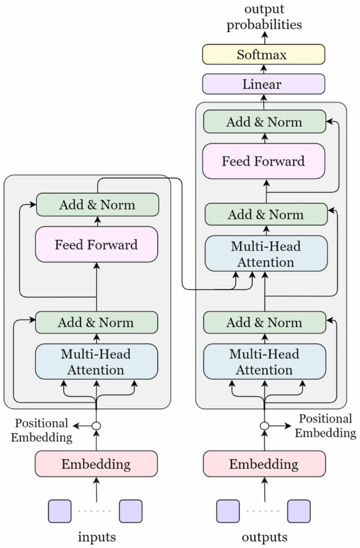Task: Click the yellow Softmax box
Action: click(264, 55)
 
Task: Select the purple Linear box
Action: click(264, 84)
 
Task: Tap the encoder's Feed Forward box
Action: click(96, 244)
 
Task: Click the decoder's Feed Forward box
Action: click(264, 161)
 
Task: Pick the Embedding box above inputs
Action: click(96, 464)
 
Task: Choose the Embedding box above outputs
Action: click(264, 464)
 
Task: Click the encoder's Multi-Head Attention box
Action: click(96, 361)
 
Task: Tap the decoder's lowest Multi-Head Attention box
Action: click(264, 361)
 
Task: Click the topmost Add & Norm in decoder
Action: click(264, 122)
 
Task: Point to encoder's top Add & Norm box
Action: click(97, 204)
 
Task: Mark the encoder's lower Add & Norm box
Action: click(96, 322)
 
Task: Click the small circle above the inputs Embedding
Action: click(96, 426)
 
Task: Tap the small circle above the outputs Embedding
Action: click(264, 426)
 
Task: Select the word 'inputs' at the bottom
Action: click(97, 537)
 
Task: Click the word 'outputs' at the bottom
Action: click(264, 537)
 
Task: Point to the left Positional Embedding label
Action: click(42, 430)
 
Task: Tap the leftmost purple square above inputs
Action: click(60, 511)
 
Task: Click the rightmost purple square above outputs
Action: click(299, 511)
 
